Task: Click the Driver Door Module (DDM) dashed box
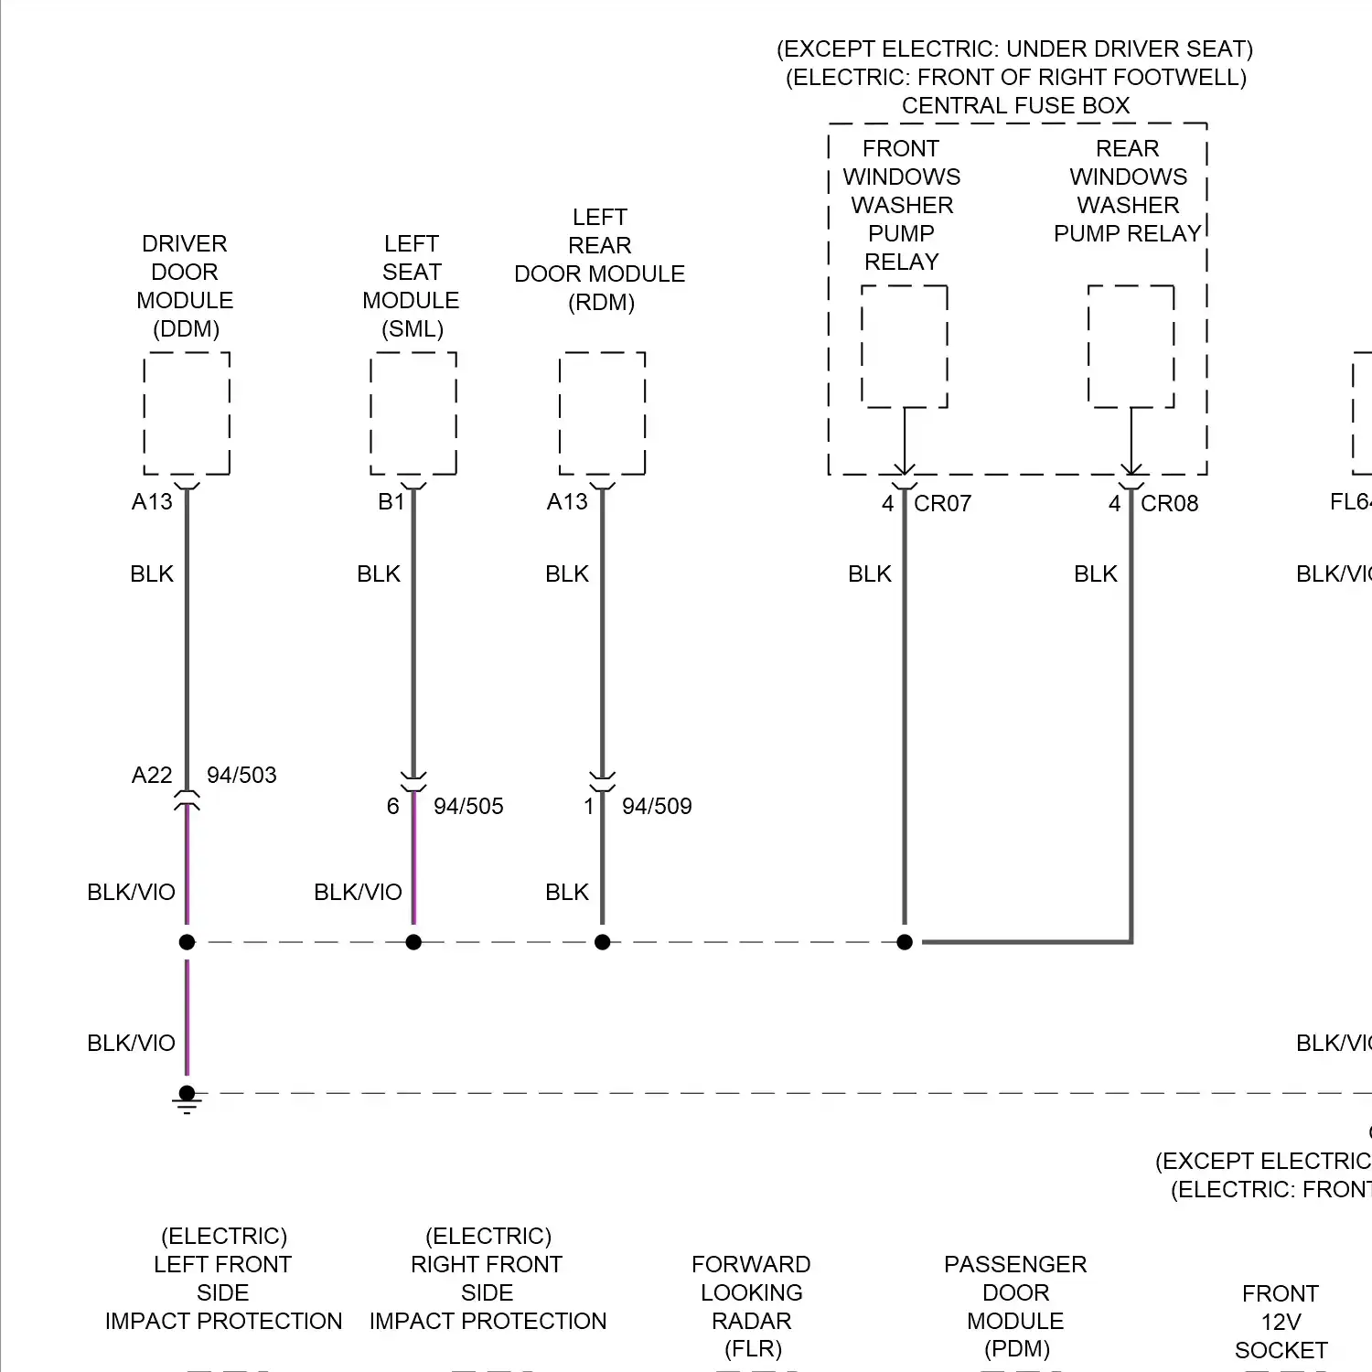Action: tap(187, 413)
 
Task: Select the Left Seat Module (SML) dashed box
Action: tap(413, 413)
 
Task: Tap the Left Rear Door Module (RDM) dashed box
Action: tap(602, 413)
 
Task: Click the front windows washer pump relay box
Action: tap(904, 346)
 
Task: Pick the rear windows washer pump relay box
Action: tap(1131, 346)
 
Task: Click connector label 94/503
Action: tap(241, 776)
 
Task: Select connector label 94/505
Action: tap(468, 807)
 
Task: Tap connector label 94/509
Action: tap(657, 807)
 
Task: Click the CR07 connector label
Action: tap(942, 504)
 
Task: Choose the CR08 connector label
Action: tap(1169, 504)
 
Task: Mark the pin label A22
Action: tap(152, 776)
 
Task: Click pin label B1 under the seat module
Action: tap(391, 502)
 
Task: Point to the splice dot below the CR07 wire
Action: tap(905, 942)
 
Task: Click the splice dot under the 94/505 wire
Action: tap(413, 942)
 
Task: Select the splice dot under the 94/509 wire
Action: tap(602, 942)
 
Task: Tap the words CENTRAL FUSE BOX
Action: tap(1015, 106)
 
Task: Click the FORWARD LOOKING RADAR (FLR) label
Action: tap(751, 1306)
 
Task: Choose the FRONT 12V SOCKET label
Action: tap(1281, 1322)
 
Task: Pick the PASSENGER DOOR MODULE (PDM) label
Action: tap(1015, 1306)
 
